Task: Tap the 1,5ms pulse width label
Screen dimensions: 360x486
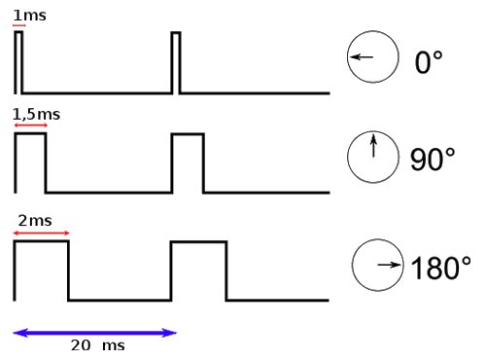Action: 36,115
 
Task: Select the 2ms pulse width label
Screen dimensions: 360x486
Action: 35,221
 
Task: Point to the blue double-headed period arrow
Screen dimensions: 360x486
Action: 95,333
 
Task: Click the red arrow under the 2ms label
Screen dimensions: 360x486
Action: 41,233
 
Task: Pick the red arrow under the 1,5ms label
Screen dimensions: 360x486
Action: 30,126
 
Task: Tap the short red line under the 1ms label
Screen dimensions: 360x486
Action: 18,25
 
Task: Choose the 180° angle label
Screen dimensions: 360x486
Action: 440,268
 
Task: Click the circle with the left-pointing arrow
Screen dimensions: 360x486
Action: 372,58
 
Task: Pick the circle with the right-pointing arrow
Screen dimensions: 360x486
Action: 377,266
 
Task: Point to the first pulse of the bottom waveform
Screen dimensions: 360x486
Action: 41,270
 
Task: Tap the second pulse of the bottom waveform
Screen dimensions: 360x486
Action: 199,270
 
